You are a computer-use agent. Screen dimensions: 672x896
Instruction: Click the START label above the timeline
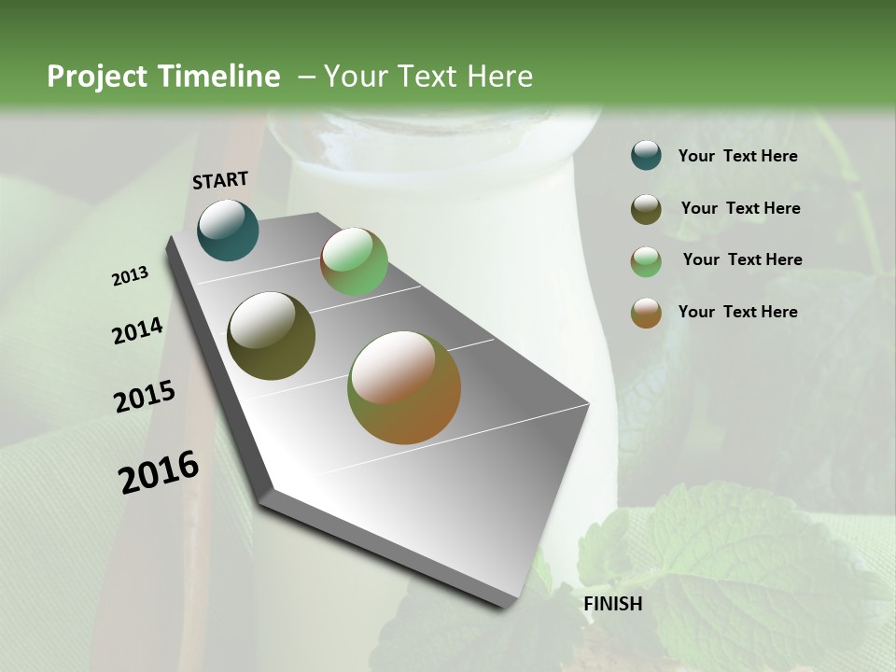[x=220, y=180]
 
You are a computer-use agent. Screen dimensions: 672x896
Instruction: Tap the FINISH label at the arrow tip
[x=613, y=604]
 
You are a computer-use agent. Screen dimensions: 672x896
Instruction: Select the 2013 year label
[x=131, y=276]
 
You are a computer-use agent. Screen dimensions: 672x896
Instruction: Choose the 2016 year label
[x=159, y=472]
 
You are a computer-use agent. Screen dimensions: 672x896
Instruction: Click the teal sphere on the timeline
[x=228, y=230]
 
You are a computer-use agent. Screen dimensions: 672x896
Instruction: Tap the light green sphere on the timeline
[x=354, y=261]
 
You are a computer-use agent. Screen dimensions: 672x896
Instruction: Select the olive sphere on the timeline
[x=271, y=336]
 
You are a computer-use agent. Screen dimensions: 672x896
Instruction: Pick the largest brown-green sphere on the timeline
[x=404, y=387]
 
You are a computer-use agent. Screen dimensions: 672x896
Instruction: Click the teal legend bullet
[x=646, y=156]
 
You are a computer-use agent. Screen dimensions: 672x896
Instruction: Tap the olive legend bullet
[x=646, y=209]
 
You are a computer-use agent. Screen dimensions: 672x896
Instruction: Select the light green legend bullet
[x=646, y=261]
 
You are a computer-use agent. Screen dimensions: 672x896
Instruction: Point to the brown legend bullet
[x=646, y=313]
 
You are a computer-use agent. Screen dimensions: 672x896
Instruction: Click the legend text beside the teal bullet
[x=737, y=157]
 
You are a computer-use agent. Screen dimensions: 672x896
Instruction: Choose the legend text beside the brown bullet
[x=737, y=312]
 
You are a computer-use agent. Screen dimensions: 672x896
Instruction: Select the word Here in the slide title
[x=498, y=77]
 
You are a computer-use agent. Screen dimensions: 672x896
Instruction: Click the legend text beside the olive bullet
[x=740, y=208]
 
